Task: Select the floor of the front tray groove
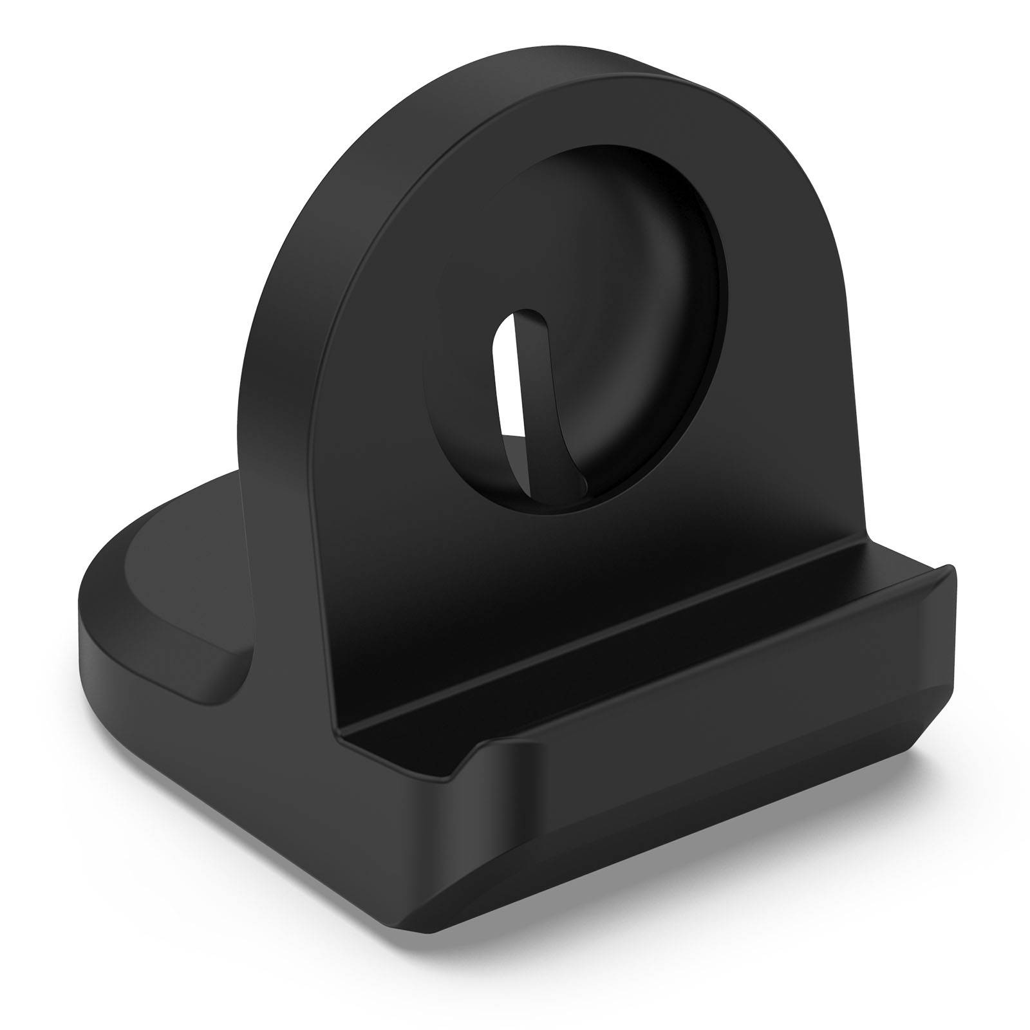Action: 644,618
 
